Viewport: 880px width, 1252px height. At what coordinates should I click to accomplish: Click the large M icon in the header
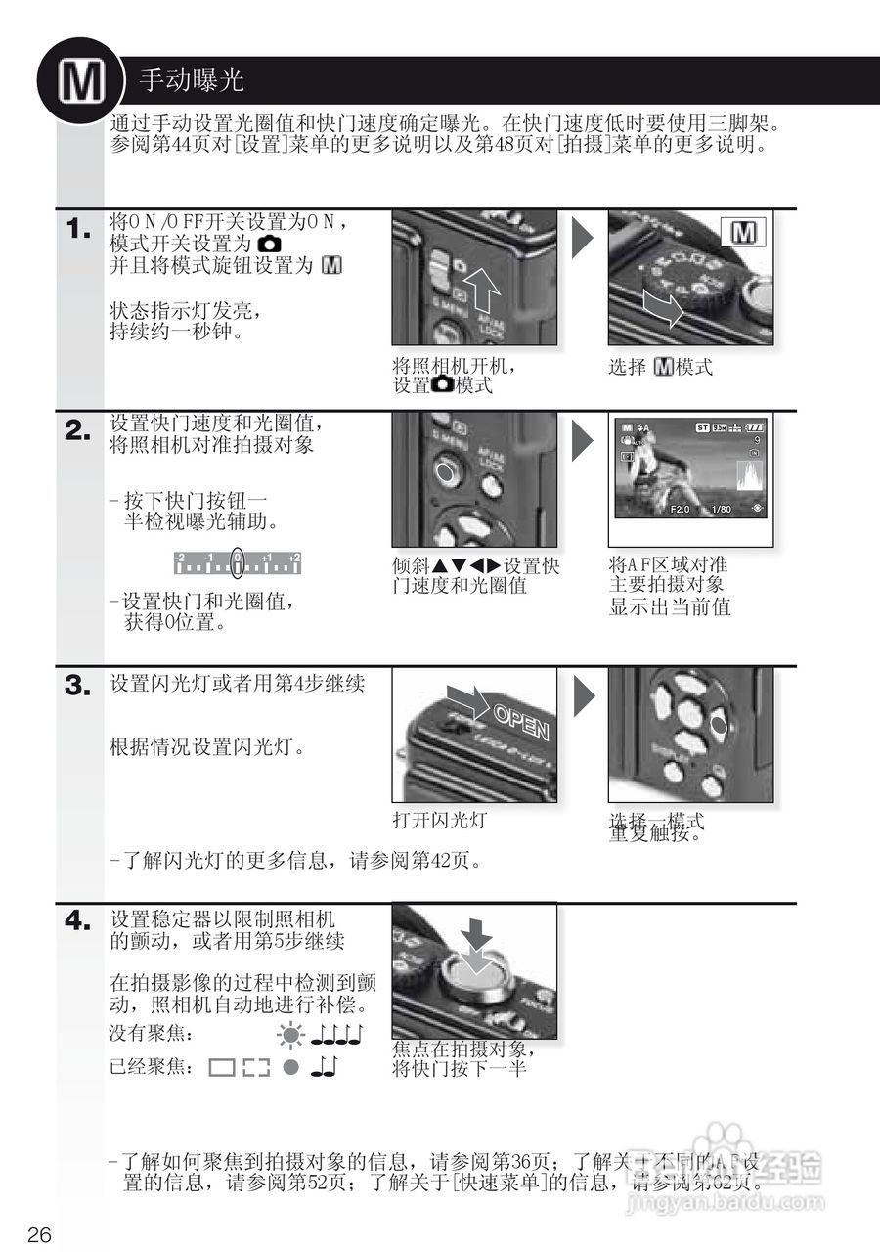pyautogui.click(x=80, y=82)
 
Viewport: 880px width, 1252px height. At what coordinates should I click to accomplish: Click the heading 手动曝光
pyautogui.click(x=192, y=80)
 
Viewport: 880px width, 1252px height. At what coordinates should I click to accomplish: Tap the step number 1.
pyautogui.click(x=78, y=231)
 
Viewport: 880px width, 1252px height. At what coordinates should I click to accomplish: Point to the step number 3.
pyautogui.click(x=78, y=686)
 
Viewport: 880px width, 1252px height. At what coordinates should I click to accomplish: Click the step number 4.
pyautogui.click(x=78, y=920)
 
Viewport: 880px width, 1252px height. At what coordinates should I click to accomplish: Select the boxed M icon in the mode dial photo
pyautogui.click(x=744, y=233)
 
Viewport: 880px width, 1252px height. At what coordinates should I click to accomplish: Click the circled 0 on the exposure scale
pyautogui.click(x=238, y=561)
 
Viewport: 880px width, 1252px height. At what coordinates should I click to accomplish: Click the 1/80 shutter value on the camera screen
pyautogui.click(x=722, y=510)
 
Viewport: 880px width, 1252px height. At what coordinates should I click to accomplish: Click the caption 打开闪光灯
pyautogui.click(x=439, y=820)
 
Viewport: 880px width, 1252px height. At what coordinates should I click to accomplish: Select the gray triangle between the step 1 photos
pyautogui.click(x=583, y=238)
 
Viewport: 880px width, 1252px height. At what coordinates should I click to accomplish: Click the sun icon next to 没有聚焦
pyautogui.click(x=289, y=1033)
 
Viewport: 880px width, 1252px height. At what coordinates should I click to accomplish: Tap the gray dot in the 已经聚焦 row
pyautogui.click(x=290, y=1067)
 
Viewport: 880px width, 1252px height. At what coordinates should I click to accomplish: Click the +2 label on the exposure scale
pyautogui.click(x=293, y=556)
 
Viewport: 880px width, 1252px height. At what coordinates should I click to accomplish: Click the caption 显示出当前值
pyautogui.click(x=670, y=606)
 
